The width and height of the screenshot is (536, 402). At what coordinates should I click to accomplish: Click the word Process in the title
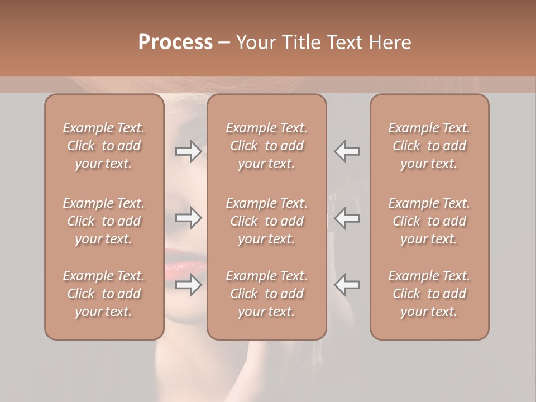[175, 42]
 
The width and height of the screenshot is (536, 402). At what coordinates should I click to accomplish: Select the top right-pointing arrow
[188, 151]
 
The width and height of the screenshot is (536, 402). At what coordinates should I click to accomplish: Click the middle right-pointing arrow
[188, 218]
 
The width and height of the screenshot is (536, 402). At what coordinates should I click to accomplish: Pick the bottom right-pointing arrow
[188, 285]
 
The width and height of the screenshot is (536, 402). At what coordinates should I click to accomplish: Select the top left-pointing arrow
[347, 151]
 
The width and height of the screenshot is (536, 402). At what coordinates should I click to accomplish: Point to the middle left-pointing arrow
[347, 218]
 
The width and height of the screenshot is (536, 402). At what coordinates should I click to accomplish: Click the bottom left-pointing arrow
[347, 285]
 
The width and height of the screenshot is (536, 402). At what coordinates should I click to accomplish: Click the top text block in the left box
[104, 146]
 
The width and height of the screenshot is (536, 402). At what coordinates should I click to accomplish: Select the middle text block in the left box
[104, 221]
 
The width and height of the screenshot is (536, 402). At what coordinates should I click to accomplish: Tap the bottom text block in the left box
[104, 294]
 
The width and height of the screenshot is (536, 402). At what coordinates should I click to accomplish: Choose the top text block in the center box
[267, 146]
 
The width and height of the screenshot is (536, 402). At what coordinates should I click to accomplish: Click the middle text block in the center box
[267, 221]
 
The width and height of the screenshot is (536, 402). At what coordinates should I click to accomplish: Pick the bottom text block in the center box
[267, 294]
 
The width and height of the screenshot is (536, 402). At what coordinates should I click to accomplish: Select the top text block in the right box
[429, 146]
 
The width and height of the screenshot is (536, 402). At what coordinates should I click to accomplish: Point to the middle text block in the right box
[429, 221]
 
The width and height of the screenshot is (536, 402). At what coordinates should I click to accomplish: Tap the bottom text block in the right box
[429, 294]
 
